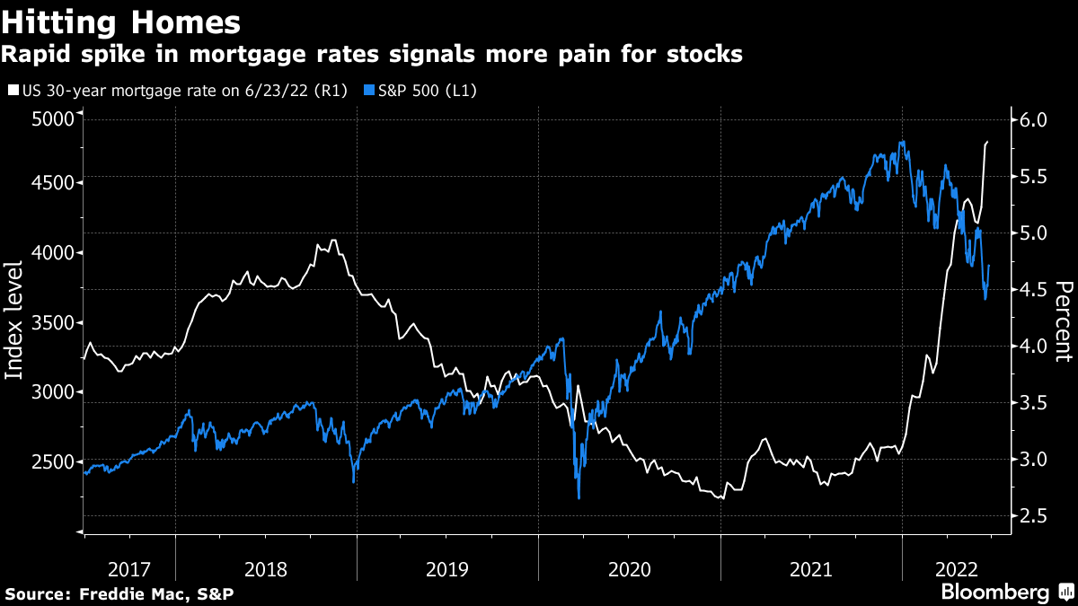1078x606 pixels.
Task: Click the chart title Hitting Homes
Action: pos(121,21)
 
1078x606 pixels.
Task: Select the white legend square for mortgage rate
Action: pos(12,91)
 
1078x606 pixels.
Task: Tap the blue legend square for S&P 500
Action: pos(369,91)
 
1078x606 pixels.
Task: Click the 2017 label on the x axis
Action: pos(129,568)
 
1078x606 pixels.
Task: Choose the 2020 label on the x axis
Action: pos(629,568)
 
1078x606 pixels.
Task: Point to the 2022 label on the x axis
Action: pos(957,568)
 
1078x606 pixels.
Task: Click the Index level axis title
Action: pos(15,320)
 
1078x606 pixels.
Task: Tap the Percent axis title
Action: pos(1065,321)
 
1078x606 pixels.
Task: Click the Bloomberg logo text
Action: pos(995,593)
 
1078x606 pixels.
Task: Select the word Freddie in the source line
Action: pos(107,594)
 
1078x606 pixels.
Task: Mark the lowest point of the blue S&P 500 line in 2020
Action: pos(579,498)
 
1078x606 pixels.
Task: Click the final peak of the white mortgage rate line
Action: pos(987,142)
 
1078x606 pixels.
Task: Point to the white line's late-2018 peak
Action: pos(334,240)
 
